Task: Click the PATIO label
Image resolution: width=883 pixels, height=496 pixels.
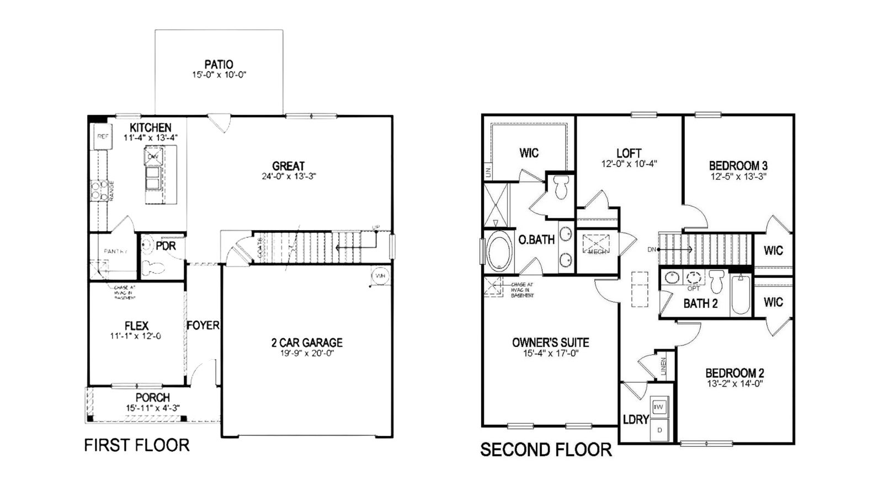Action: tap(219, 65)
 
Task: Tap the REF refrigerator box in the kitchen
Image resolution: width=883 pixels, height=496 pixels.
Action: tap(103, 136)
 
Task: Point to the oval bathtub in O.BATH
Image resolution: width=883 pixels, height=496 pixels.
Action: tap(500, 252)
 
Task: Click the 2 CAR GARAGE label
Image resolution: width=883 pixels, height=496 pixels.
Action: tap(307, 343)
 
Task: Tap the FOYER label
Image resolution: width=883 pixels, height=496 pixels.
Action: tap(203, 326)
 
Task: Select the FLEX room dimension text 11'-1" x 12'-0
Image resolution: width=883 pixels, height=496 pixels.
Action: tap(136, 336)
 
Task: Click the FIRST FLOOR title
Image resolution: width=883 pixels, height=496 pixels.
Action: tap(136, 445)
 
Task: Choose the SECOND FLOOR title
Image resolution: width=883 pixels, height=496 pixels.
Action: tap(546, 450)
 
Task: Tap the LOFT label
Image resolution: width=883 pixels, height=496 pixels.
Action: tap(629, 153)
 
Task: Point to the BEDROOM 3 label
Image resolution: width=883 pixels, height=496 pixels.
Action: tap(738, 166)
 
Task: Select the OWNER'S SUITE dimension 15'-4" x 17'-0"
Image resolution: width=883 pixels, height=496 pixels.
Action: tap(550, 353)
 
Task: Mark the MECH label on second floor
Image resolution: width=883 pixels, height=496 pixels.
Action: tap(597, 251)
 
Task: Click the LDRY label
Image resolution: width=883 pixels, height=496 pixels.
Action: tap(635, 419)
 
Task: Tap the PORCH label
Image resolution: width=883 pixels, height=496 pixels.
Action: tap(152, 397)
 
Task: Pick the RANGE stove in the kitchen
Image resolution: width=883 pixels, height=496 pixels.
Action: tap(100, 190)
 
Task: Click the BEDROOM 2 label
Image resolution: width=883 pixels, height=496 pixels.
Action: tap(735, 373)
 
